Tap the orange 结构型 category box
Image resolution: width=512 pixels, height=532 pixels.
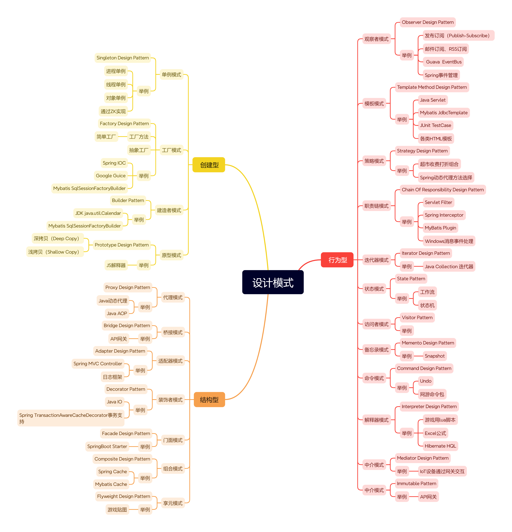click(x=209, y=399)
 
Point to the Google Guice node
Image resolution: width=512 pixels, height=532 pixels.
click(x=111, y=176)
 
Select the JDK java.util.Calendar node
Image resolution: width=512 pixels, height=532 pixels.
click(x=98, y=213)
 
